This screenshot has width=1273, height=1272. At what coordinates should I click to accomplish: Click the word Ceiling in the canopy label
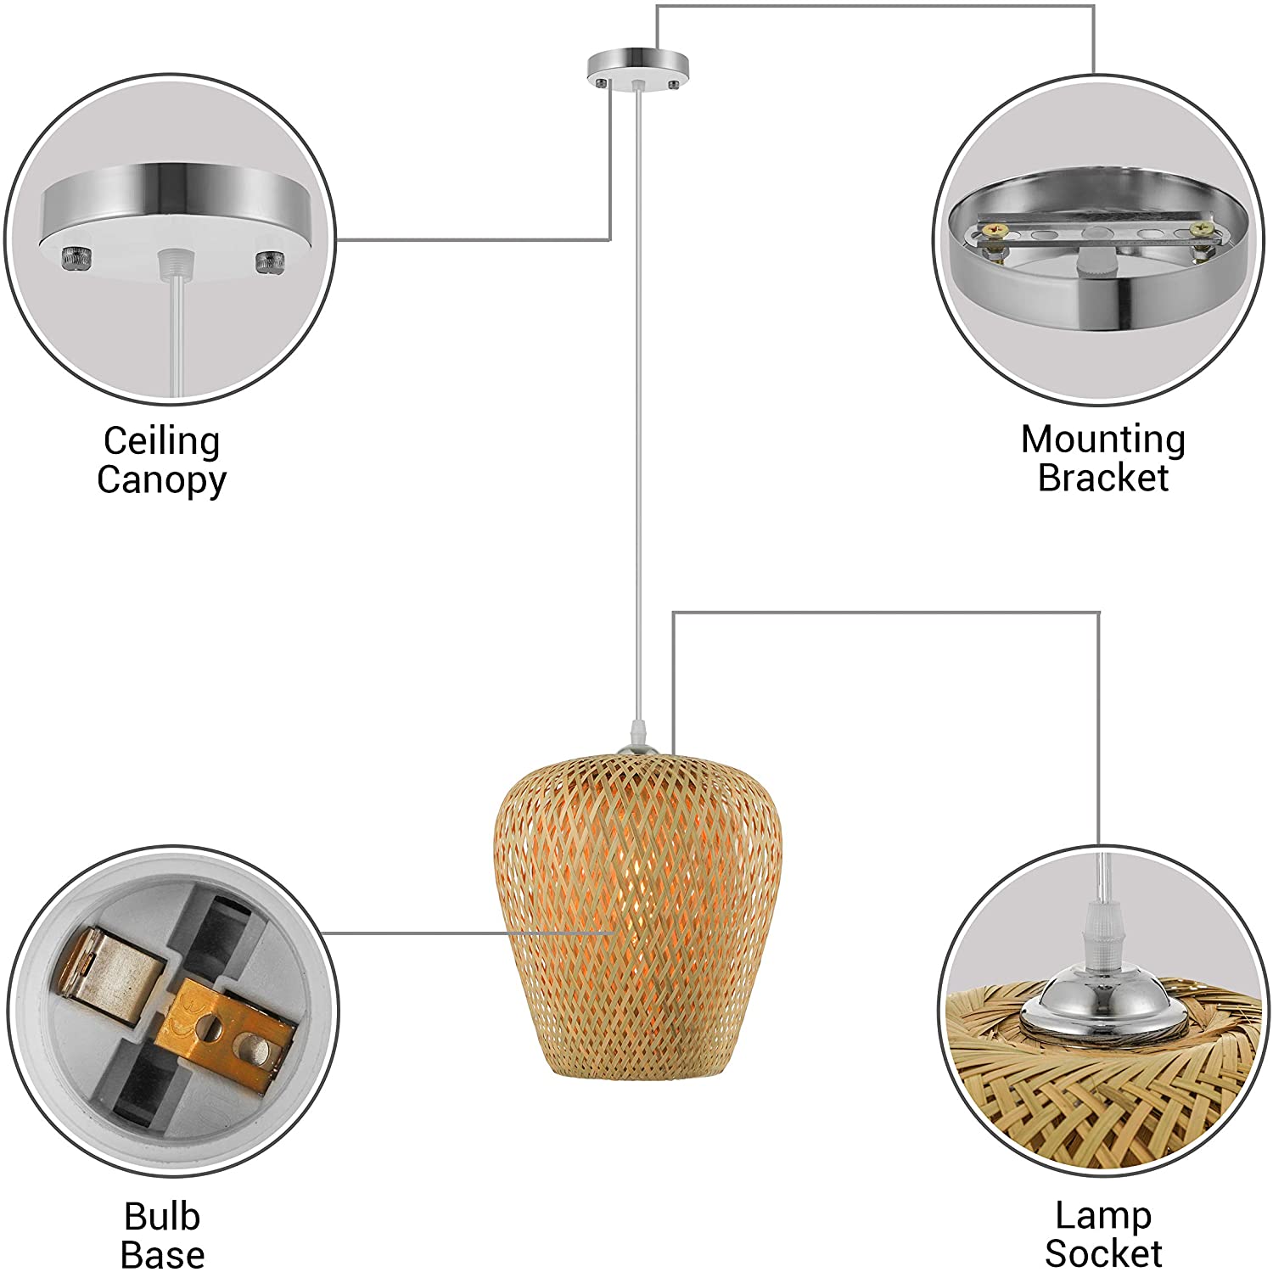tap(161, 441)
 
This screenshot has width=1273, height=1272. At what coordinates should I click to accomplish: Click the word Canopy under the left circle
tap(161, 479)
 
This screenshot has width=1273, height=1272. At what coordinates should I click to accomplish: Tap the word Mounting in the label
tap(1102, 440)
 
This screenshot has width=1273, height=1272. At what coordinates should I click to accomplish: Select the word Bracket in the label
tap(1102, 477)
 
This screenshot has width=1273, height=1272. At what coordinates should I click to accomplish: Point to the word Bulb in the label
tap(161, 1216)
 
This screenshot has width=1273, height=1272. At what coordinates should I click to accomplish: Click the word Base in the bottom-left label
tap(162, 1254)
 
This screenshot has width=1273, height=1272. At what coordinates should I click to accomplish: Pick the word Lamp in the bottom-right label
tap(1102, 1215)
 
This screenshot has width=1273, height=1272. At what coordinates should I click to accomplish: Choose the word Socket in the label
tap(1102, 1252)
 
